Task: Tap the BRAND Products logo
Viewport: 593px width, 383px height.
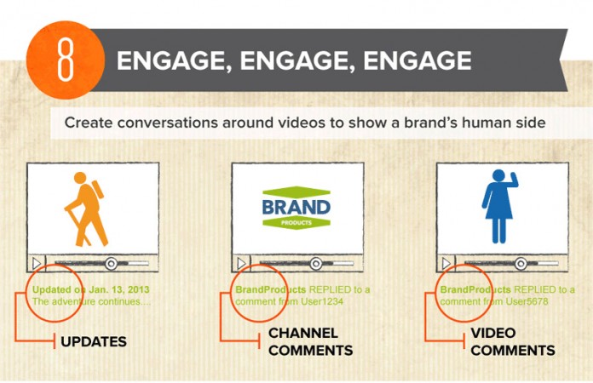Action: [296, 208]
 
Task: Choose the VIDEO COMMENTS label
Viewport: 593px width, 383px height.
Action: [512, 341]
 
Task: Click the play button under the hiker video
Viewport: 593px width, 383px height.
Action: [37, 263]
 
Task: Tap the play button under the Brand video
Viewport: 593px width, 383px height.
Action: [242, 263]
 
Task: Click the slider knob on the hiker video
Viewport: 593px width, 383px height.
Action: [111, 263]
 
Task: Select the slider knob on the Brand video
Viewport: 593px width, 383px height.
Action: [316, 263]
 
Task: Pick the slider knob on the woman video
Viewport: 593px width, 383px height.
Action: [521, 263]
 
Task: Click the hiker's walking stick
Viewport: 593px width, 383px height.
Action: [76, 223]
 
